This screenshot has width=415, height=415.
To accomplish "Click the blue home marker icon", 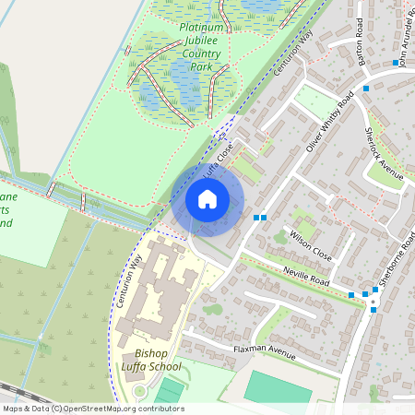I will pos(207,199).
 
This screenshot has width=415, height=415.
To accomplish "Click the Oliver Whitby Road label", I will pos(329,122).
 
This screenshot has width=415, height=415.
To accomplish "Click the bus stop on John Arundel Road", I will pos(396,63).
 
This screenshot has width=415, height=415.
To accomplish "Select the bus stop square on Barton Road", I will pos(366,89).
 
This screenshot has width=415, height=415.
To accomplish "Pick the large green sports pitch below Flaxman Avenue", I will pos(278,387).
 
